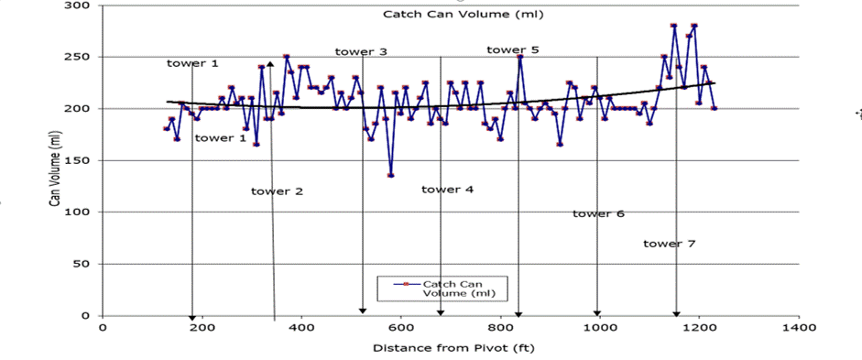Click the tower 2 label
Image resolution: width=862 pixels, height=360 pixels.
click(x=277, y=191)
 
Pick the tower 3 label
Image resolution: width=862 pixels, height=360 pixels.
click(x=360, y=52)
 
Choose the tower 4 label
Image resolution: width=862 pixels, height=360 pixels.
click(x=447, y=190)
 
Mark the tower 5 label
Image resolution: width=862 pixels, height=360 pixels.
click(x=512, y=49)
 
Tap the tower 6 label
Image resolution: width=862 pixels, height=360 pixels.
click(x=598, y=213)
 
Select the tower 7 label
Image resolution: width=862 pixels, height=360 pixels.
click(x=669, y=244)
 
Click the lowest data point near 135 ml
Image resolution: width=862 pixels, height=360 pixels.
click(x=391, y=175)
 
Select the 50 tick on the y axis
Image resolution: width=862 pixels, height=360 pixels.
click(x=82, y=264)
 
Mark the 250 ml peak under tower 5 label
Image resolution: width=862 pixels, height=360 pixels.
click(x=519, y=57)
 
